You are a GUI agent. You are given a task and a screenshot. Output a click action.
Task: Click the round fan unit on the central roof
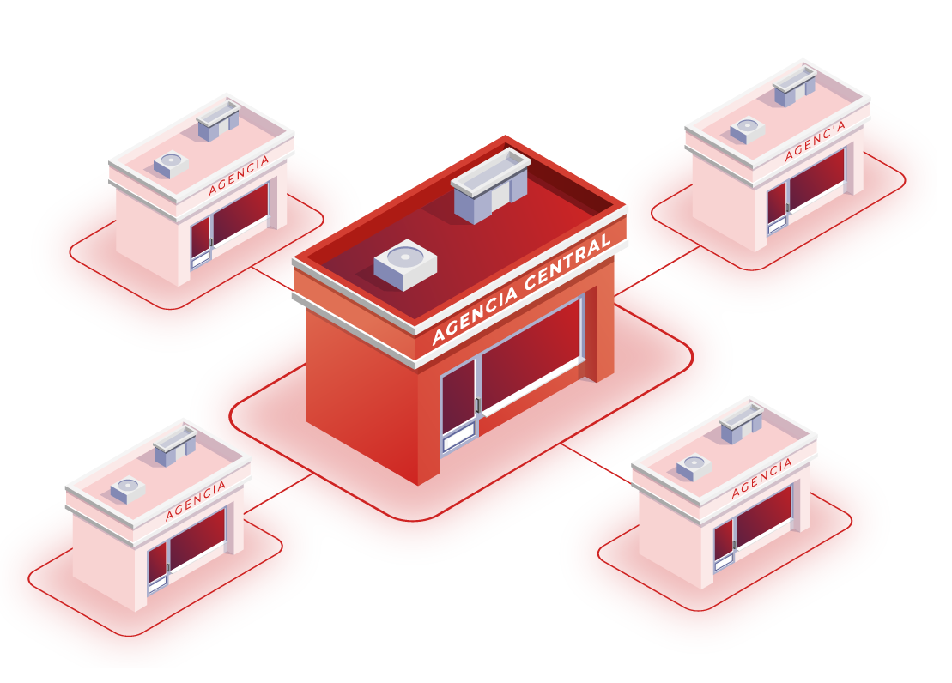click(x=405, y=261)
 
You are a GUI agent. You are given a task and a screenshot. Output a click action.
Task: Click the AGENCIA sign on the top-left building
click(x=239, y=175)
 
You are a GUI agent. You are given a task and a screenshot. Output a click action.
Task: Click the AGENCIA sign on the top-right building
click(x=815, y=141)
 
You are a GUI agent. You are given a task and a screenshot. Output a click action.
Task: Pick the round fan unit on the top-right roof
click(x=747, y=130)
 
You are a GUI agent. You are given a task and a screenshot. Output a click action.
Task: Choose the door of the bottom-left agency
click(x=157, y=568)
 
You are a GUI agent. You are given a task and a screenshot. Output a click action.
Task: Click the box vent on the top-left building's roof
click(x=218, y=121)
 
